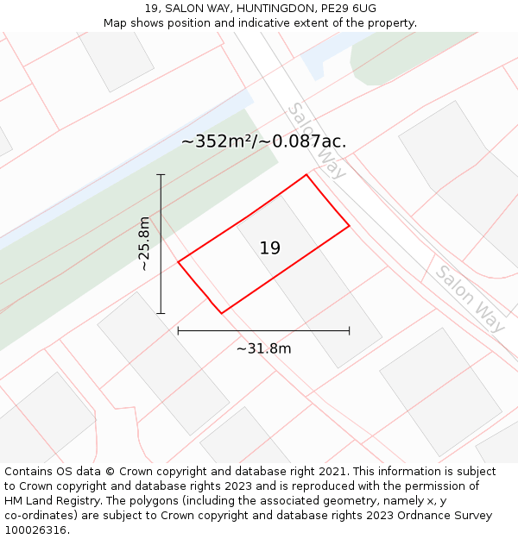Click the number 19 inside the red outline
pos(269,248)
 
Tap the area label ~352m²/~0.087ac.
pos(263,141)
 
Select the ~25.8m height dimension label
pos(144,244)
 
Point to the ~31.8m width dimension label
pos(263,348)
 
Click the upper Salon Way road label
pos(317,141)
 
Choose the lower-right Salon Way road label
pos(470,298)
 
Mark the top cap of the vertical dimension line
pos(161,174)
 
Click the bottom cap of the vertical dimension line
pos(161,313)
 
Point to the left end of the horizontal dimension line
pos(178,330)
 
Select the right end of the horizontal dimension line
pos(349,330)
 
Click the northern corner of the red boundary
pos(306,175)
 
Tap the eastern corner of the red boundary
pos(349,226)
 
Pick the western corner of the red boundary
pos(178,261)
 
